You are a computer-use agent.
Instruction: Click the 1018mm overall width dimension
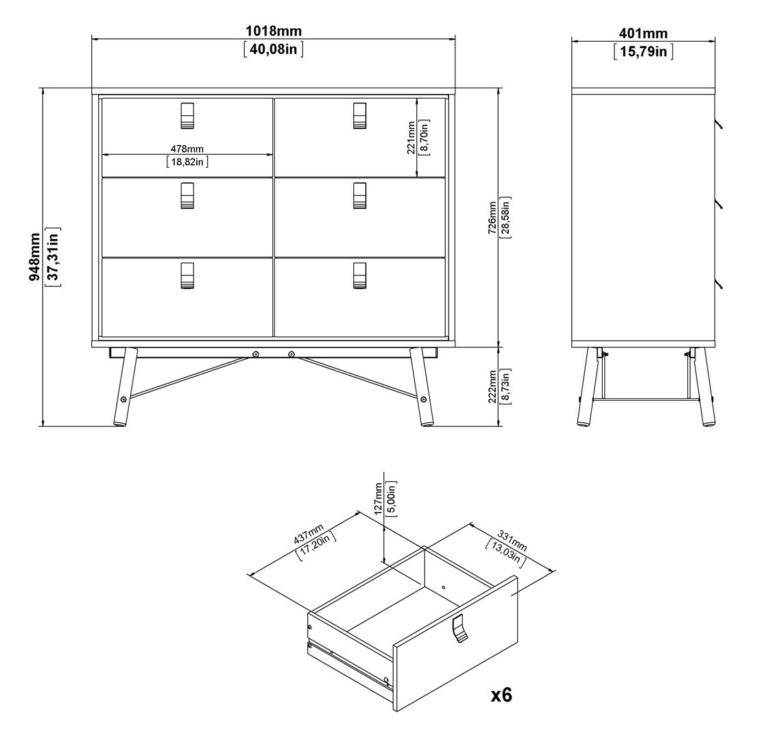pos(274,32)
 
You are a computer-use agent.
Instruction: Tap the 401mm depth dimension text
pos(643,34)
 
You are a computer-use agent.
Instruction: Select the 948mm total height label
pos(35,257)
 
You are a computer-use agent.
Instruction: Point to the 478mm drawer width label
pos(187,149)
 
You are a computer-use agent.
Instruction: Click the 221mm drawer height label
pos(411,138)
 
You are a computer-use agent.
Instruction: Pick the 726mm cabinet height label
pos(492,217)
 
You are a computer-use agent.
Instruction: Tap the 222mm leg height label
pos(492,386)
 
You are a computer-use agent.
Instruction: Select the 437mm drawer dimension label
pos(308,533)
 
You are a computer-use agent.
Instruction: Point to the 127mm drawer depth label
pos(379,499)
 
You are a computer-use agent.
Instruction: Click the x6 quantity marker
pos(501,695)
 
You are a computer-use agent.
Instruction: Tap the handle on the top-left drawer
pos(187,116)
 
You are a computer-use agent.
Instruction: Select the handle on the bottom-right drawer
pos(360,275)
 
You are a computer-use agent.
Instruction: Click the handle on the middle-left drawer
pos(187,195)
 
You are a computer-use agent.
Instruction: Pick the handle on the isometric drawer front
pos(459,628)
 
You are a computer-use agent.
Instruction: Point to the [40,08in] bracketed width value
pos(274,49)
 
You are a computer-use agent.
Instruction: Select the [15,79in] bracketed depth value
pos(643,51)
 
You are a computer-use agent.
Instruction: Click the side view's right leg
pos(704,386)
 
